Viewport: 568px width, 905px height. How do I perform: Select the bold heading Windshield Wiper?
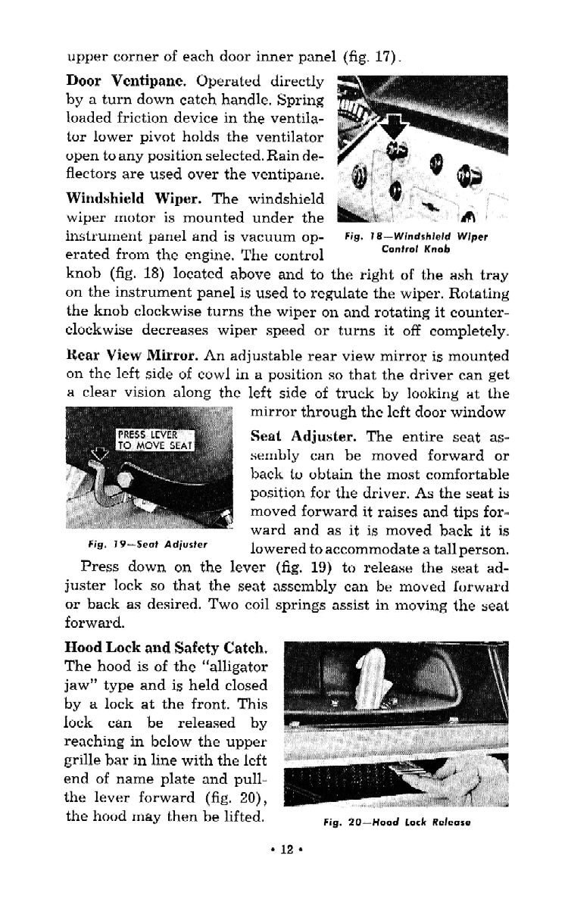pyautogui.click(x=136, y=198)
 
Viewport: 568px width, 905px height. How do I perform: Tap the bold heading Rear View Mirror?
pyautogui.click(x=133, y=356)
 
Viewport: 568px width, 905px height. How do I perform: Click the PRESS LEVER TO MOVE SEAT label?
pyautogui.click(x=156, y=439)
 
